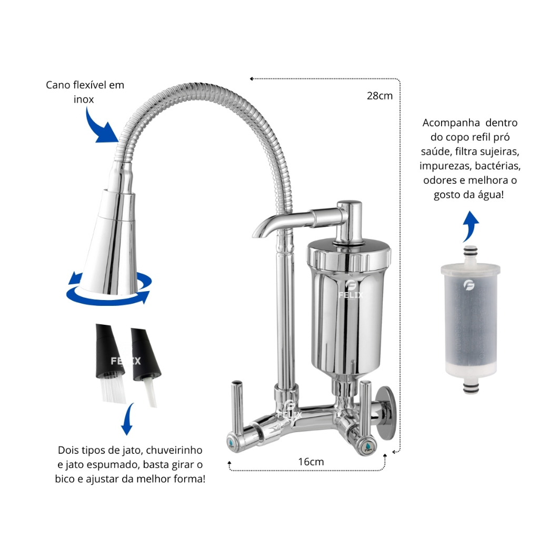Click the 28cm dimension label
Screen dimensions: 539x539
pos(380,96)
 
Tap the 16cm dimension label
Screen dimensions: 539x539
pos(311,462)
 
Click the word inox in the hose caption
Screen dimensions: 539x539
pos(84,99)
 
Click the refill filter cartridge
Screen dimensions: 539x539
pos(470,320)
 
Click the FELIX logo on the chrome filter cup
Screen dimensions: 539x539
pos(350,290)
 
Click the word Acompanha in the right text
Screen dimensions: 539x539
pos(451,123)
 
